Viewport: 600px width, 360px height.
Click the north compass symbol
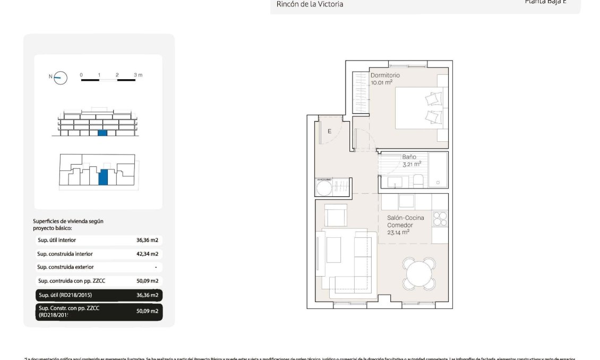(61, 78)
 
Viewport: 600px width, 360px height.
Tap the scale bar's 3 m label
(138, 75)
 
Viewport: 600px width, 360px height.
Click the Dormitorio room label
(385, 75)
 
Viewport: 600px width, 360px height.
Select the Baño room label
(408, 157)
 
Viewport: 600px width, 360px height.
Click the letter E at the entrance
(329, 131)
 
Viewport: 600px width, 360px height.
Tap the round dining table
(419, 272)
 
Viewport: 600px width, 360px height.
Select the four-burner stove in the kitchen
(440, 218)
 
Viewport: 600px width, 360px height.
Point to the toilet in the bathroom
(418, 181)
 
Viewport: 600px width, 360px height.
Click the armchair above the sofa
(336, 216)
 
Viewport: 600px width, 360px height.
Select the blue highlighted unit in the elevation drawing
(102, 133)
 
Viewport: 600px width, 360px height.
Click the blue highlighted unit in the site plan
(104, 176)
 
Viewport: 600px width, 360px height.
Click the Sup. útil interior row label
(56, 241)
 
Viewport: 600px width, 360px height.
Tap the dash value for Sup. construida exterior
(155, 267)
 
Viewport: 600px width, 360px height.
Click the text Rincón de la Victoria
(310, 4)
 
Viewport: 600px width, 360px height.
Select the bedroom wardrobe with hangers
(361, 92)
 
